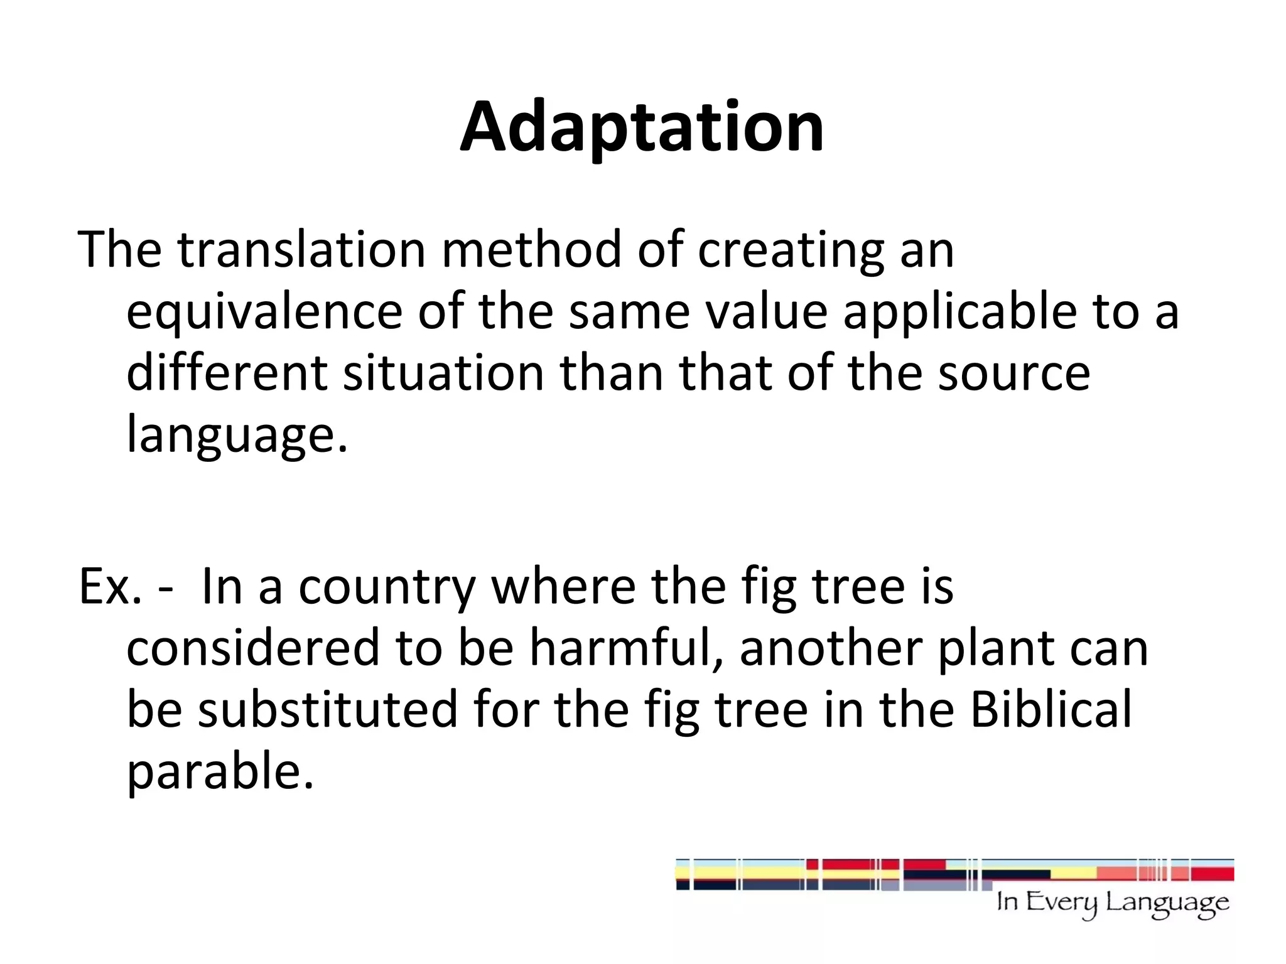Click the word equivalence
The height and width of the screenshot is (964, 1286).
264,311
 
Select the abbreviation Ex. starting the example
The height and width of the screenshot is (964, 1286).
109,587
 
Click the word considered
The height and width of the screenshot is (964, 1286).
253,648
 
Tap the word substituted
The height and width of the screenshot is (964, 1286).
328,709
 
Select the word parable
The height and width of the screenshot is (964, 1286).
220,771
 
